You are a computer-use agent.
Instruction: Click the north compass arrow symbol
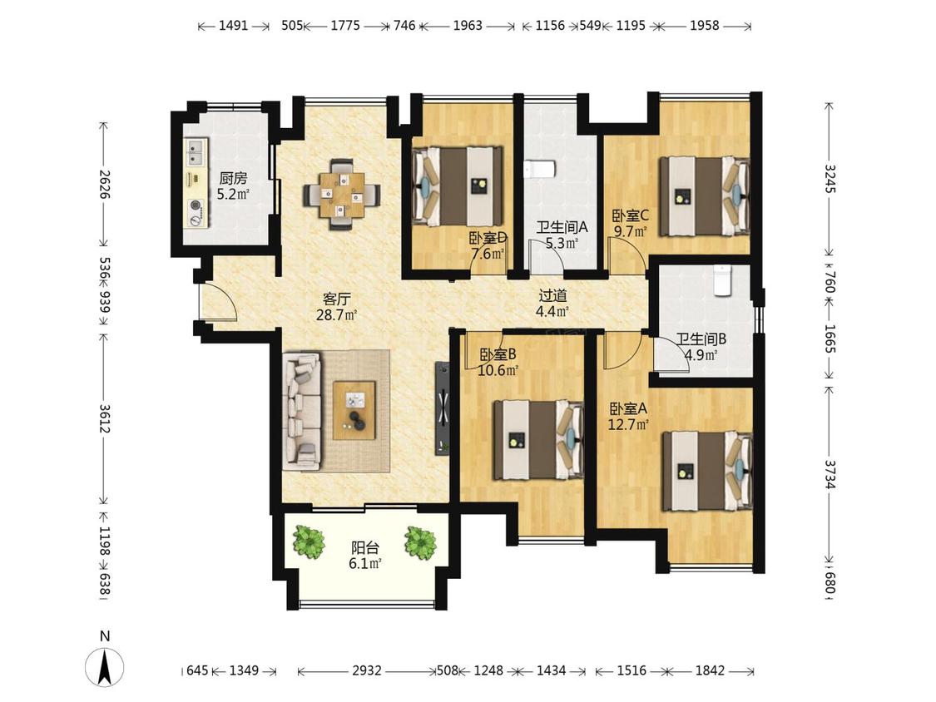(105, 667)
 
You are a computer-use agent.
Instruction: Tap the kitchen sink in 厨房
(196, 151)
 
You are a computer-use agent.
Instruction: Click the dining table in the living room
(341, 195)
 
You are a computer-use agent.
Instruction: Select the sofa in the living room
(301, 409)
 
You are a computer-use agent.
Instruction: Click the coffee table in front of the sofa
(354, 410)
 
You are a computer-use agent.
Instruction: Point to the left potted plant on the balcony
(310, 542)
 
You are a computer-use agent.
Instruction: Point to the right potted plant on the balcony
(419, 542)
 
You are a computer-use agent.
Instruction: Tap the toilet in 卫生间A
(540, 170)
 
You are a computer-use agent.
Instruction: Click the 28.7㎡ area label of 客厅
(337, 314)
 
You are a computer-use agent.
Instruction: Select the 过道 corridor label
(552, 295)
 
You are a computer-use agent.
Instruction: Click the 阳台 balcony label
(365, 547)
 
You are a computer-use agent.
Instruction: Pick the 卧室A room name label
(628, 409)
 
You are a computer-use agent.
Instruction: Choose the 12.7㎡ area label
(628, 424)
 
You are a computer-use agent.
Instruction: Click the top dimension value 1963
(468, 26)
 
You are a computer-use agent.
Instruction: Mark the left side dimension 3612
(105, 419)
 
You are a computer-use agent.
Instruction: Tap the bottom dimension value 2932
(367, 670)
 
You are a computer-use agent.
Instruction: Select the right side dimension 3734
(830, 474)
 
